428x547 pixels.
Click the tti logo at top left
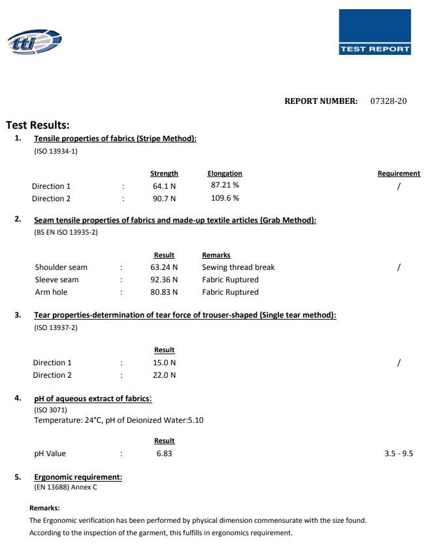[x=34, y=42]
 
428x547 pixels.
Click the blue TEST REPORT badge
[x=374, y=33]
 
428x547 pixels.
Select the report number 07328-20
[x=388, y=101]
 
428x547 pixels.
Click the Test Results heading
[x=38, y=125]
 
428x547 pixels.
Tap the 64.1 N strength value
[x=164, y=186]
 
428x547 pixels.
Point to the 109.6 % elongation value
[x=225, y=198]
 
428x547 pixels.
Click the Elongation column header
[x=225, y=174]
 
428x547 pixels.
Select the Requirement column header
[x=399, y=174]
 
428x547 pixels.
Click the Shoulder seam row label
[x=61, y=267]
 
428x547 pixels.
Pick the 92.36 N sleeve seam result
[x=164, y=280]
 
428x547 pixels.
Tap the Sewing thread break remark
[x=238, y=267]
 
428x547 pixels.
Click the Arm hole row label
[x=51, y=292]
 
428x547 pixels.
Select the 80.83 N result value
[x=164, y=292]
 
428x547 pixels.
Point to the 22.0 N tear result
[x=164, y=375]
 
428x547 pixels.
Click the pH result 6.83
[x=164, y=454]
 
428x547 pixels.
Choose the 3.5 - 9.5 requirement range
[x=399, y=454]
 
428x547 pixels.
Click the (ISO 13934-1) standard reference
[x=56, y=151]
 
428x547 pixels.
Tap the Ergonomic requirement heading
[x=78, y=477]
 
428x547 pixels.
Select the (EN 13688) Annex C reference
[x=65, y=488]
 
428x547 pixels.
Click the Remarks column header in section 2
[x=216, y=256]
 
